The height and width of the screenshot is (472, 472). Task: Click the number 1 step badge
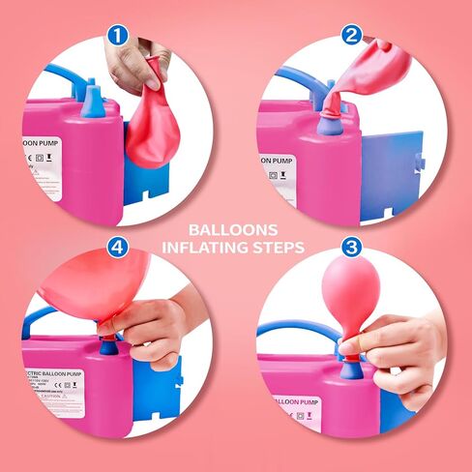(119, 36)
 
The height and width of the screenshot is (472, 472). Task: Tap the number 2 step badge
(353, 36)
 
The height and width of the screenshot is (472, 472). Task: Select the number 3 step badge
(353, 247)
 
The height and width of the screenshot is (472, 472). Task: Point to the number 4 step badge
(119, 247)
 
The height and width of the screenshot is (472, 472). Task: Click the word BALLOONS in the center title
(236, 230)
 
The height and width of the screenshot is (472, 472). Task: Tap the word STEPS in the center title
(279, 248)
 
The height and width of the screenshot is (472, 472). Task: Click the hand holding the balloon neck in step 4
(155, 329)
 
